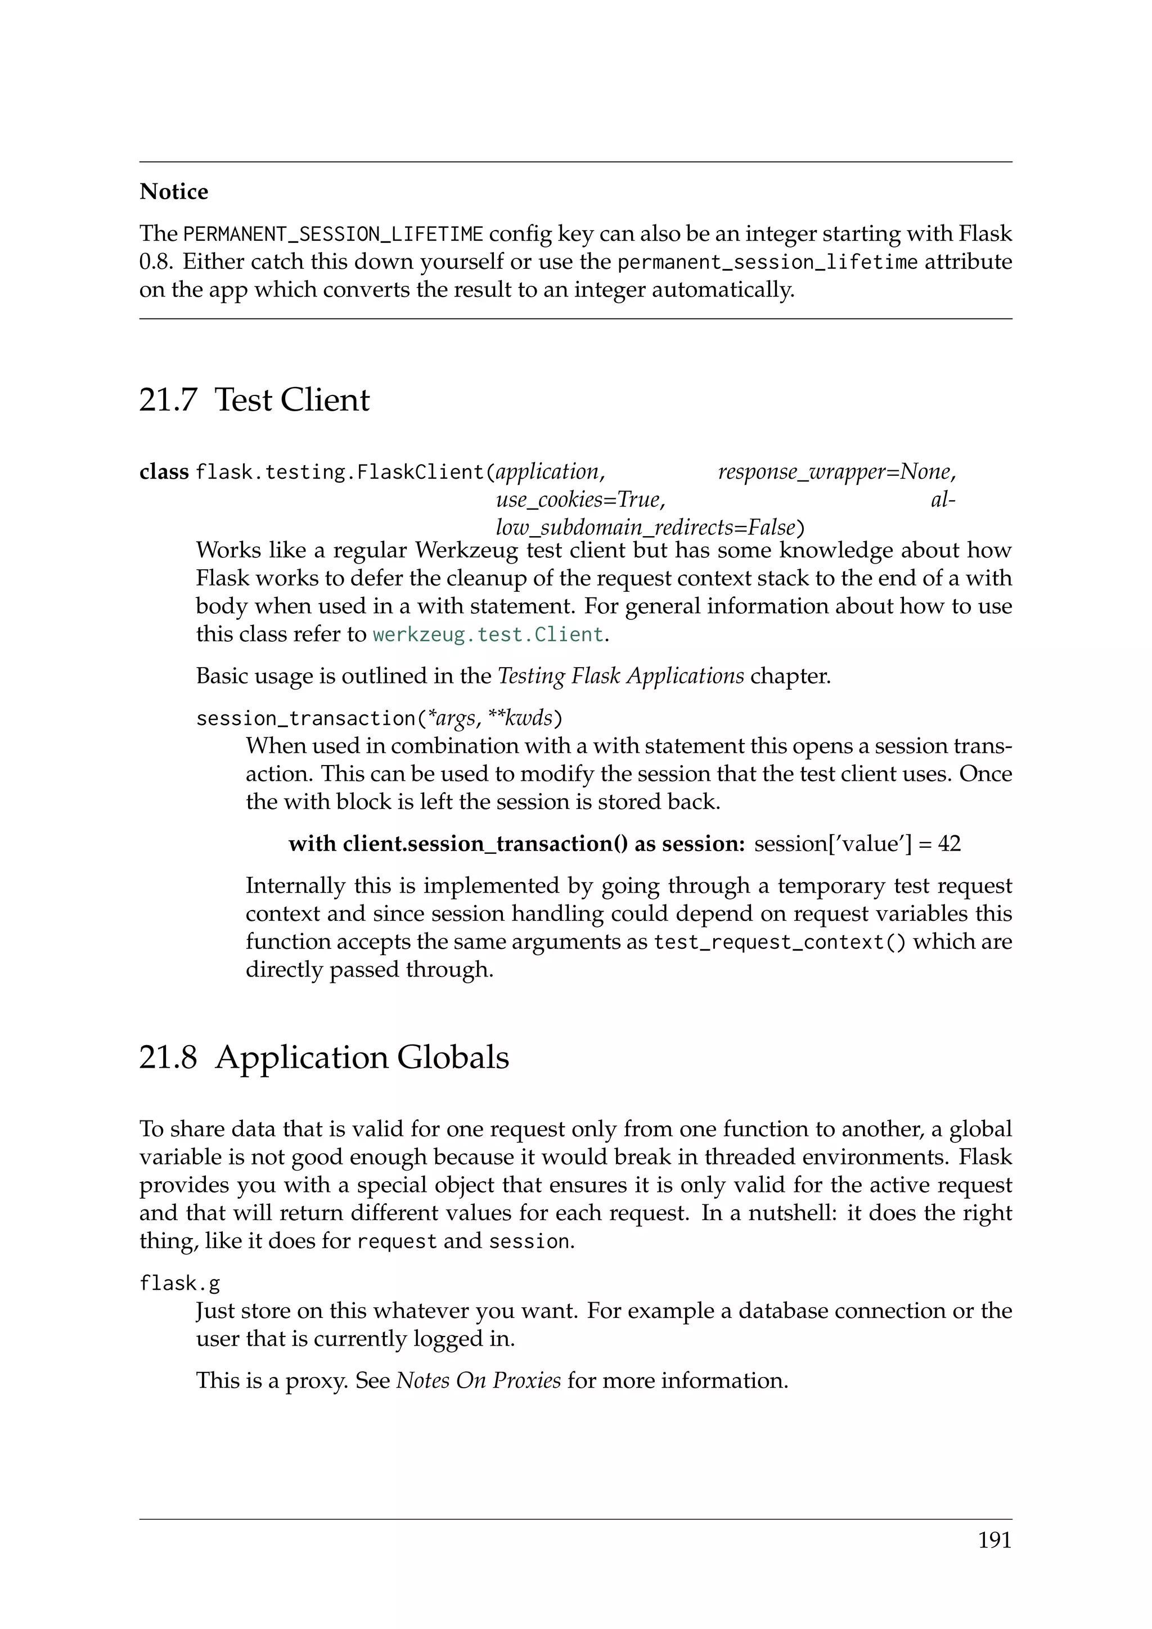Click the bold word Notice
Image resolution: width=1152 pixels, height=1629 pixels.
174,192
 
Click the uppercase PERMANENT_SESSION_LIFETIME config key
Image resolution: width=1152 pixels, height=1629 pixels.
332,234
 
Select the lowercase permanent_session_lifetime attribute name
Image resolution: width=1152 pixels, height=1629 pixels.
767,263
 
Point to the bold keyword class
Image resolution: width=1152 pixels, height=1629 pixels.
164,472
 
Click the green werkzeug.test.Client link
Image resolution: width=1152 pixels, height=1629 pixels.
488,634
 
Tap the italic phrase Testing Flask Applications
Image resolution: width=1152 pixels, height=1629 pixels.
620,676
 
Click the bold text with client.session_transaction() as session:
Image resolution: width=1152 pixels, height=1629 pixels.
516,844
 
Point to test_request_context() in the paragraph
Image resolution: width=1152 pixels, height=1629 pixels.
780,942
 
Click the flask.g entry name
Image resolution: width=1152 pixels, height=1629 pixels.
179,1284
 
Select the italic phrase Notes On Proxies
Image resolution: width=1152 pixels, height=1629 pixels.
478,1381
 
